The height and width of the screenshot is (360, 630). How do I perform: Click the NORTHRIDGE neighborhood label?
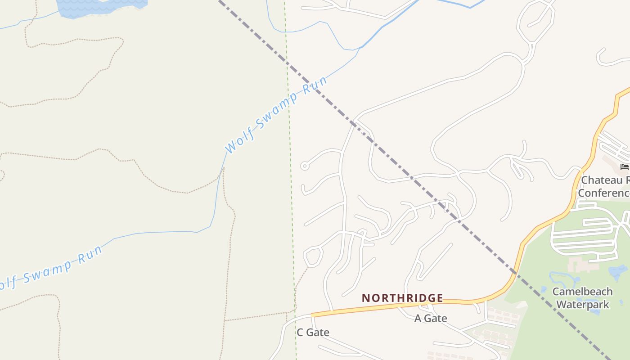[x=402, y=298]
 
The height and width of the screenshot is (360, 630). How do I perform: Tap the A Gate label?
[x=431, y=319]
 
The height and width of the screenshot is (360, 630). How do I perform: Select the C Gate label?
[x=313, y=333]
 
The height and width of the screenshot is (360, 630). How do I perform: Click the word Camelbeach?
[x=582, y=292]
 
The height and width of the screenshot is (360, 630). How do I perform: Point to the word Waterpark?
[x=582, y=305]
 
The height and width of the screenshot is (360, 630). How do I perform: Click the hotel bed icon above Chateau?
[x=624, y=167]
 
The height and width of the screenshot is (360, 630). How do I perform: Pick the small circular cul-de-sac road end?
[x=305, y=166]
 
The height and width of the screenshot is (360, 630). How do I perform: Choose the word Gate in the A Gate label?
[x=436, y=319]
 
